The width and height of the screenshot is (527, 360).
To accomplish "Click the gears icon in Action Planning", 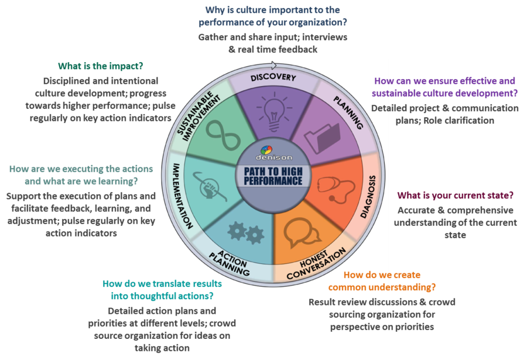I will click(x=245, y=232).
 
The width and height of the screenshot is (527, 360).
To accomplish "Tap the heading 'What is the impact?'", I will click(x=101, y=67).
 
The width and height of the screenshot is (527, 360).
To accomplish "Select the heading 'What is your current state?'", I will click(x=456, y=196).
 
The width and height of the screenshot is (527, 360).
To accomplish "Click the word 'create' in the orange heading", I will click(x=407, y=275).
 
